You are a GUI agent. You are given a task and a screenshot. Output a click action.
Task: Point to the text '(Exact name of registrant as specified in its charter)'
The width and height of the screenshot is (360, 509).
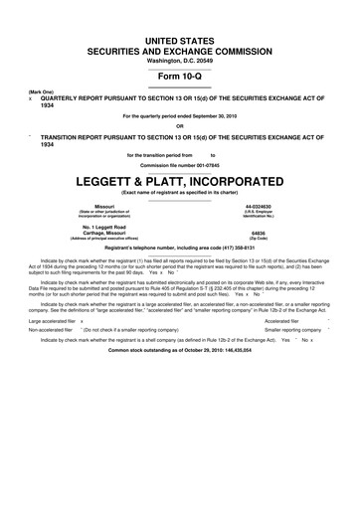click(x=180, y=165)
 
